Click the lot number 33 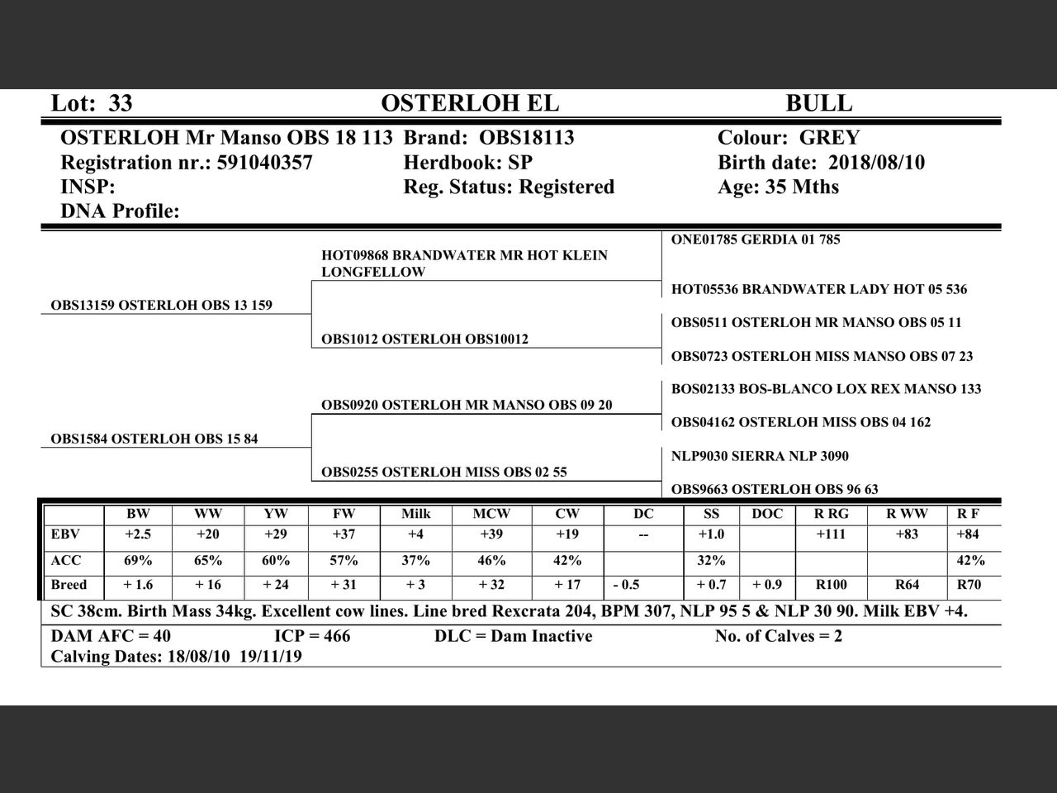click(x=121, y=103)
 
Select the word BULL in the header click(x=818, y=103)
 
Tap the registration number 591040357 click(x=264, y=163)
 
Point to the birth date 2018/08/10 click(x=876, y=163)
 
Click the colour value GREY click(x=829, y=138)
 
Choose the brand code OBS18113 click(x=526, y=138)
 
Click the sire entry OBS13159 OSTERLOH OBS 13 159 click(x=161, y=306)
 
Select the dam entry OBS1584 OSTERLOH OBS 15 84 click(x=154, y=439)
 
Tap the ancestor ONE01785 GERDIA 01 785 click(x=755, y=240)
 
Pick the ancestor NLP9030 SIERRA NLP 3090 click(x=760, y=456)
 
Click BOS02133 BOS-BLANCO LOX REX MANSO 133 click(x=826, y=389)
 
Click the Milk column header click(x=415, y=514)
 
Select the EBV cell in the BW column click(x=138, y=534)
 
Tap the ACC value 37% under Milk click(x=415, y=560)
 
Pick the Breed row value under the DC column click(x=626, y=585)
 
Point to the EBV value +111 click(x=830, y=534)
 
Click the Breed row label click(x=69, y=585)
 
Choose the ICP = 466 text click(x=312, y=636)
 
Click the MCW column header click(x=491, y=514)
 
